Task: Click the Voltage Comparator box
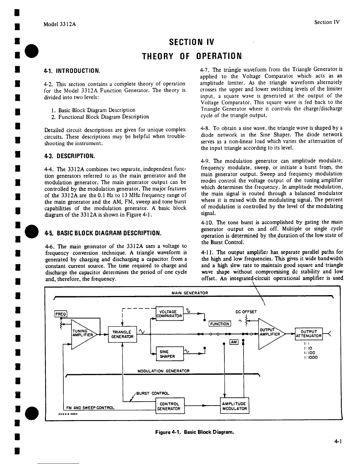pyautogui.click(x=169, y=314)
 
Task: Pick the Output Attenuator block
pyautogui.click(x=309, y=334)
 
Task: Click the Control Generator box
pyautogui.click(x=169, y=406)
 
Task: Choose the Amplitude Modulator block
pyautogui.click(x=234, y=406)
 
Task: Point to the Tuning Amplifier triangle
pyautogui.click(x=82, y=334)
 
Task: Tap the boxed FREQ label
pyautogui.click(x=61, y=314)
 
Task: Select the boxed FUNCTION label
pyautogui.click(x=220, y=324)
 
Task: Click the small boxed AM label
pyautogui.click(x=234, y=342)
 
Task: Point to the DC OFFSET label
pyautogui.click(x=246, y=312)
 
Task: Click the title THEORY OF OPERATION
pyautogui.click(x=192, y=56)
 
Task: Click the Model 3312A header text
pyautogui.click(x=60, y=24)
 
